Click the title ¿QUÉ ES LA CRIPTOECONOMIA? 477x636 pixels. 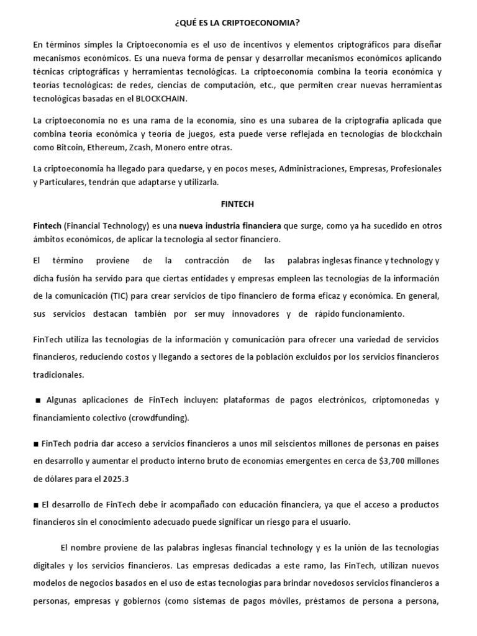click(238, 24)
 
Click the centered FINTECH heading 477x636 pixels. click(238, 203)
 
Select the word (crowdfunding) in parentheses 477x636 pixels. click(159, 418)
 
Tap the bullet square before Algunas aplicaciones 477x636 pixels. click(38, 401)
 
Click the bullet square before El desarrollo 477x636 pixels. click(35, 504)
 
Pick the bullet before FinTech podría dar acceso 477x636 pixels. click(35, 444)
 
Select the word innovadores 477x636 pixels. click(255, 314)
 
